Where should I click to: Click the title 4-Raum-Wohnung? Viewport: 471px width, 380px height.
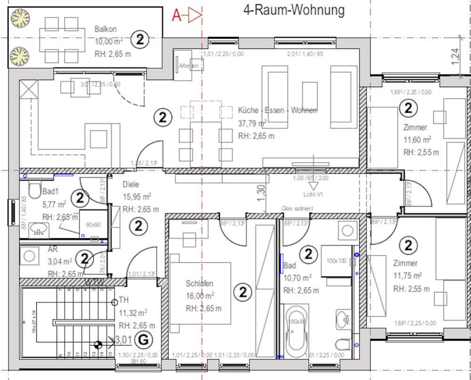pos(294,9)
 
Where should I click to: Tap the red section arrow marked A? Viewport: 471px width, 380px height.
pos(187,16)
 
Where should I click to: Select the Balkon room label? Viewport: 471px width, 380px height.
pos(105,29)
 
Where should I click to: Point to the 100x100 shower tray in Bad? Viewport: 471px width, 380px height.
pos(336,260)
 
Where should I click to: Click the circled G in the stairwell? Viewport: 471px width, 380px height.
pos(144,339)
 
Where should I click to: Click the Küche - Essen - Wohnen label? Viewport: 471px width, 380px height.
pos(277,111)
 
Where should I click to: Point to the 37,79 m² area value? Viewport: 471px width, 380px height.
pos(252,123)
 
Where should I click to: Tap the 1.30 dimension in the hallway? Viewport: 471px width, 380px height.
pos(262,193)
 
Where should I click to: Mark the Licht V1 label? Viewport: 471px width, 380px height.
pos(313,194)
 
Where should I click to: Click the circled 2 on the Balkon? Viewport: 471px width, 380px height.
pos(140,40)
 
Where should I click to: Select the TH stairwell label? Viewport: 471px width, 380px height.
pos(124,299)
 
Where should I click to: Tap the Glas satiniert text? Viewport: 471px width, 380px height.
pos(298,208)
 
